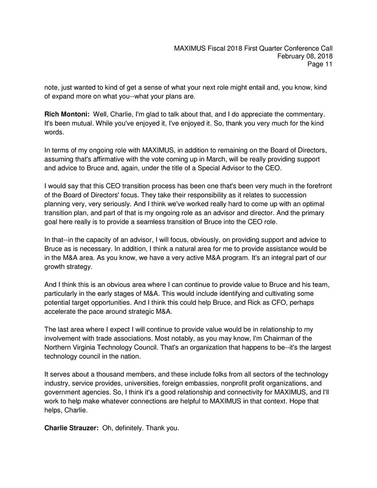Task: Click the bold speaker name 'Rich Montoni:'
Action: click(x=67, y=114)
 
